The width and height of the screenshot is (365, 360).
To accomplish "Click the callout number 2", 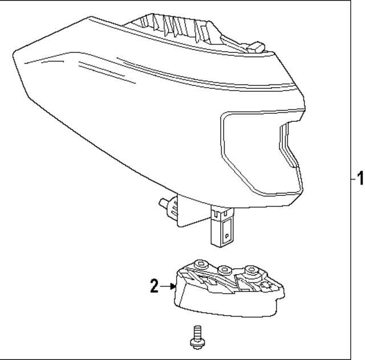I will [x=154, y=287].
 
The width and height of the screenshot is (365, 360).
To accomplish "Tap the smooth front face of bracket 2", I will [x=228, y=305].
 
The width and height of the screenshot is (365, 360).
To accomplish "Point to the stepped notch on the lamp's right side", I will [x=288, y=145].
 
